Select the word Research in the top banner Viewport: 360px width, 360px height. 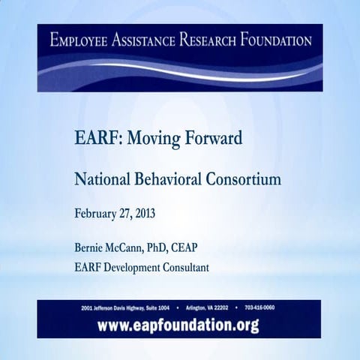pos(219,39)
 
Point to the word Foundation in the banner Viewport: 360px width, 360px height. pos(277,39)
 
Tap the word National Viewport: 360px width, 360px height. pos(99,180)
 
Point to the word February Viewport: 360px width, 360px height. pos(98,213)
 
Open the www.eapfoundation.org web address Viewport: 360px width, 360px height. pos(179,325)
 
